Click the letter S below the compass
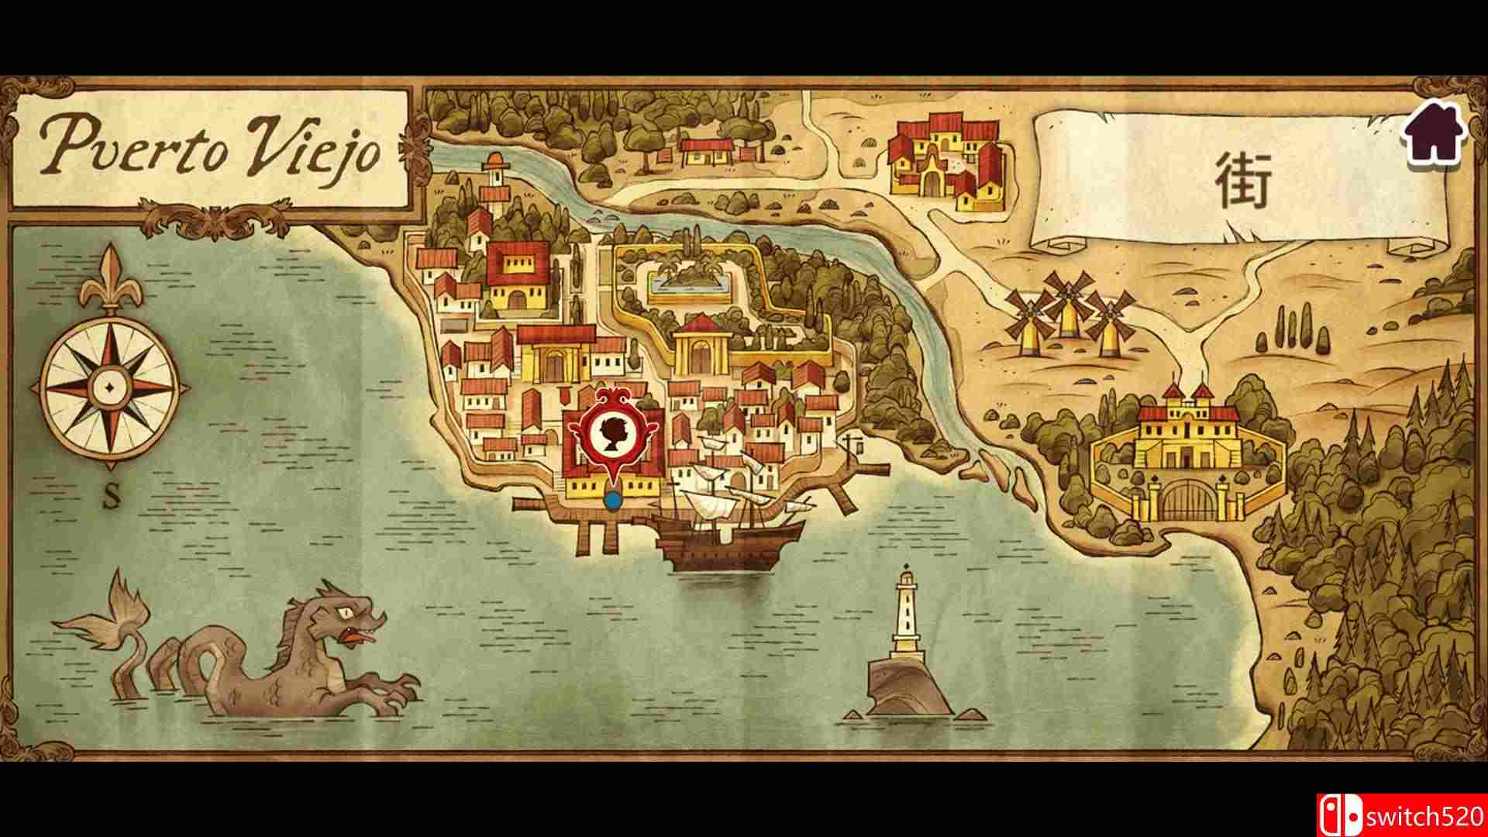[112, 498]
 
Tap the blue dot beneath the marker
[614, 501]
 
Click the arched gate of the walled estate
[1188, 501]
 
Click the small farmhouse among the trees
[705, 151]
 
